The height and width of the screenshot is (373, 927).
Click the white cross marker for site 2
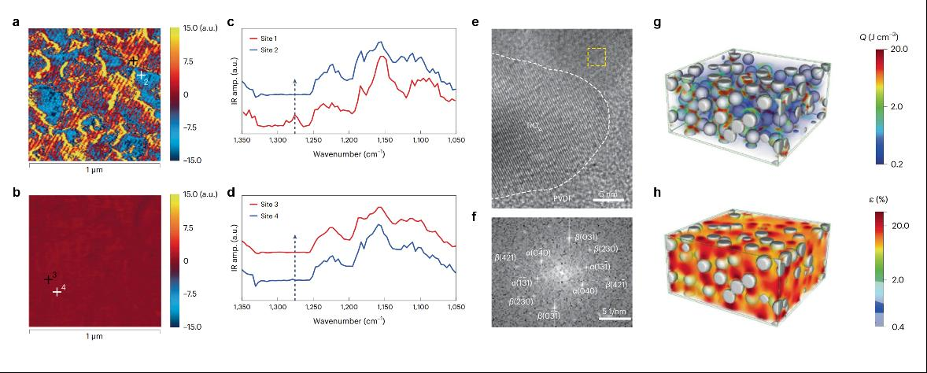pyautogui.click(x=139, y=76)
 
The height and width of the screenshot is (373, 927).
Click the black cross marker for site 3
pyautogui.click(x=48, y=279)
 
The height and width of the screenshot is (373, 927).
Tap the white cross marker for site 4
pyautogui.click(x=57, y=292)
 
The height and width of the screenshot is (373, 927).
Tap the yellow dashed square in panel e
pyautogui.click(x=597, y=57)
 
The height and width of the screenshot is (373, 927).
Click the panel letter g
pyautogui.click(x=658, y=23)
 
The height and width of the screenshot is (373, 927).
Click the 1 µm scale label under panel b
pyautogui.click(x=94, y=336)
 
